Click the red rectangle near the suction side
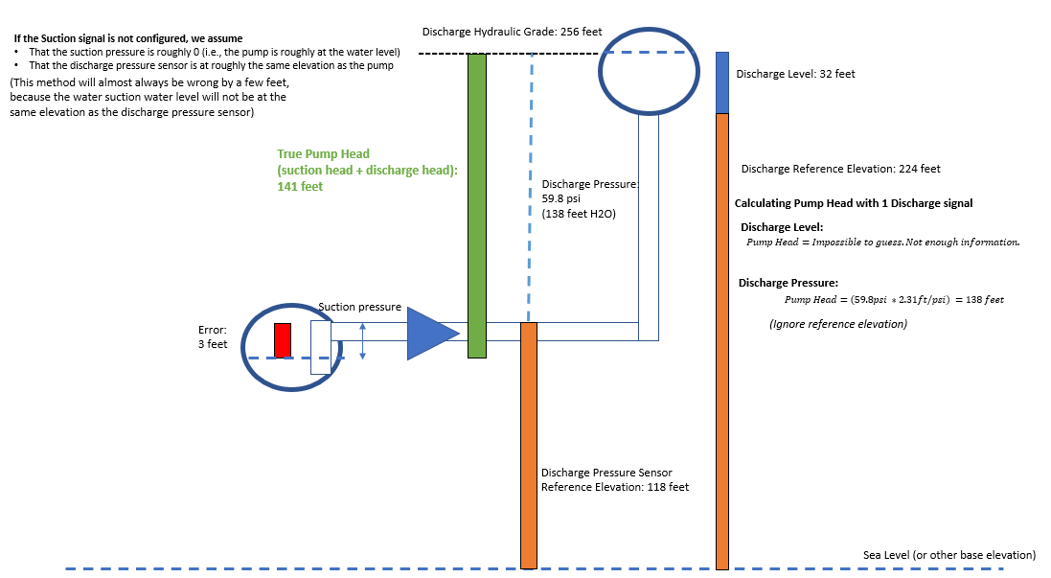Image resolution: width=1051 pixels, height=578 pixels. click(x=283, y=340)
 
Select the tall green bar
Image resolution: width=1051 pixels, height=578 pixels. click(x=477, y=205)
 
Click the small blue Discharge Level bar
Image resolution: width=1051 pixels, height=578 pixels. click(x=722, y=82)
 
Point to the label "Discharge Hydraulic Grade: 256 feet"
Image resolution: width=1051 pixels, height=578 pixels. click(x=512, y=32)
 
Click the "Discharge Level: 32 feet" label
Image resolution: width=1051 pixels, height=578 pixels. click(x=795, y=74)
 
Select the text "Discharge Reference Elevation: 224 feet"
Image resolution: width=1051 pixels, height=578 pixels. click(x=840, y=169)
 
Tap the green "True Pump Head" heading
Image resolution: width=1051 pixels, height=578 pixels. click(x=323, y=153)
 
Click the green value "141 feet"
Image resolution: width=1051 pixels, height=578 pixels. click(x=300, y=187)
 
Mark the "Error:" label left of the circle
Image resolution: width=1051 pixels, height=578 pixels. click(x=213, y=330)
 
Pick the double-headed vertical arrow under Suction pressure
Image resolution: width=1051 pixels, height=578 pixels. click(x=362, y=341)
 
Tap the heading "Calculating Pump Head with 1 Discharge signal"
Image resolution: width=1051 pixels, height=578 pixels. click(x=854, y=203)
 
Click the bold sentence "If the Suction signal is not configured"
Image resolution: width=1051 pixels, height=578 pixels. click(x=127, y=38)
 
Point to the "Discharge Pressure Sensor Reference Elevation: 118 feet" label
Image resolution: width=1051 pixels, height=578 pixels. click(x=614, y=479)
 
